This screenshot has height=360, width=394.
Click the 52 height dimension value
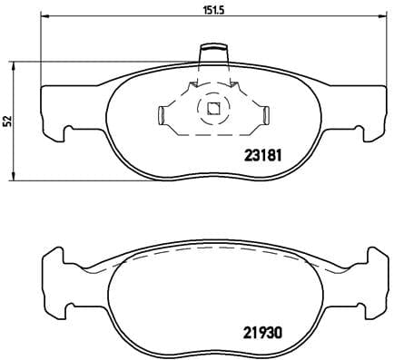tap(6, 118)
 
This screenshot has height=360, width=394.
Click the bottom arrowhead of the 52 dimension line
tap(12, 174)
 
